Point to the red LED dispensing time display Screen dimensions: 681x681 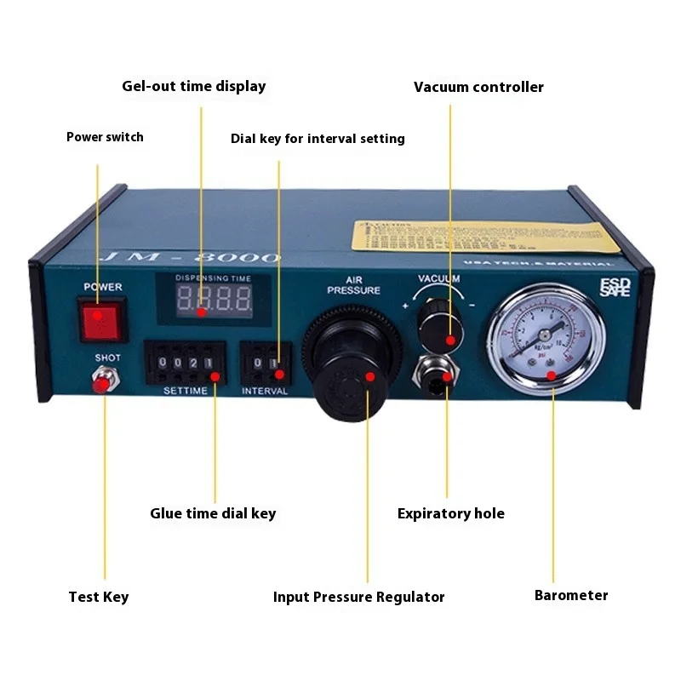[213, 299]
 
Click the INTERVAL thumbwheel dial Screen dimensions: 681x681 [265, 364]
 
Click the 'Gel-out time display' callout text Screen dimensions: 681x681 [194, 86]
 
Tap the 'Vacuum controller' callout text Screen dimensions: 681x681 [478, 87]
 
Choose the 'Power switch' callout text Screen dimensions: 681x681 [105, 137]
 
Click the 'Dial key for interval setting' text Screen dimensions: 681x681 [318, 138]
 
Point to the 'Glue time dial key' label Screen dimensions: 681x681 [213, 513]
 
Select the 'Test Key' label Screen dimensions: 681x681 [99, 597]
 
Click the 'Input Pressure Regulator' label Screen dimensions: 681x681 [358, 597]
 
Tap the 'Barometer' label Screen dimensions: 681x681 [571, 595]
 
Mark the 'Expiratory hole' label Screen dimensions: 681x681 [451, 513]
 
